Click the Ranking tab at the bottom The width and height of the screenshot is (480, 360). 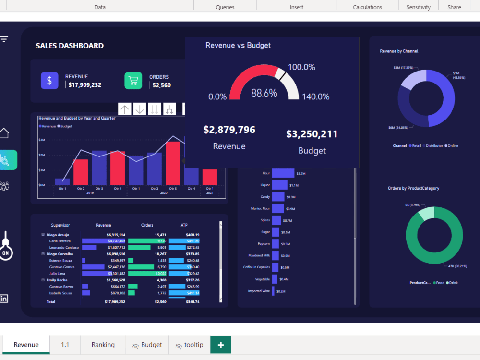103,345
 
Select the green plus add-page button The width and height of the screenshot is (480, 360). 221,345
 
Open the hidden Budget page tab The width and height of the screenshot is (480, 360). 147,345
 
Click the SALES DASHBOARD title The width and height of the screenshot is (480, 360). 70,46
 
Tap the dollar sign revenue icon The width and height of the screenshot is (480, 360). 49,80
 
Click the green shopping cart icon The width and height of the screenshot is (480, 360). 133,80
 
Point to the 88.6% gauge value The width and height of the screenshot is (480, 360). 264,93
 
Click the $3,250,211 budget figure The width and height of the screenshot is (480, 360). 312,134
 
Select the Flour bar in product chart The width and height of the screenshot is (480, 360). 283,173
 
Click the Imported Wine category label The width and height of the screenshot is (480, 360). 259,291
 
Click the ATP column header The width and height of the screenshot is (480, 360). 184,225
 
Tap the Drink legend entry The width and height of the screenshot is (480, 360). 451,283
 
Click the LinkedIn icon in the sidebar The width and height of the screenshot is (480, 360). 4,298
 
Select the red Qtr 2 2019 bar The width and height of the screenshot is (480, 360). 81,172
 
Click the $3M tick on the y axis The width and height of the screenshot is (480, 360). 42,140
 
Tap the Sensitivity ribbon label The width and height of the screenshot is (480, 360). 418,7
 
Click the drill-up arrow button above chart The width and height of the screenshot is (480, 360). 125,109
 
